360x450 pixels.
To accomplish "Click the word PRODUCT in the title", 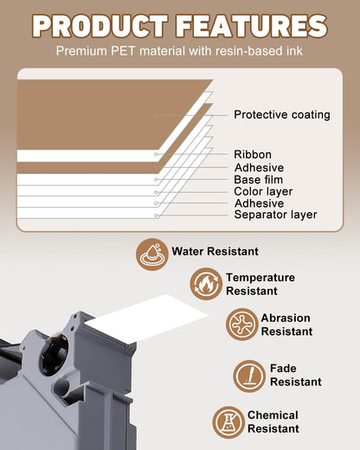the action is [x=100, y=26].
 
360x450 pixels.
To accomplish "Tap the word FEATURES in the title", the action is [x=252, y=26].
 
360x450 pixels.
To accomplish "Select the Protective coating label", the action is [x=282, y=114].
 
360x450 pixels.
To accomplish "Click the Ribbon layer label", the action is [x=253, y=154].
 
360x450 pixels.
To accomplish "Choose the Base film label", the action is [x=258, y=179].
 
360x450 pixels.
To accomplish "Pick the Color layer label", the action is [x=263, y=191].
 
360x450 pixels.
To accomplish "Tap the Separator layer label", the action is [x=275, y=215].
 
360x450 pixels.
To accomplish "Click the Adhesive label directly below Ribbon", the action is [x=259, y=167].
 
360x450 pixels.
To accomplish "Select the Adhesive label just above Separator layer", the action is [x=259, y=203].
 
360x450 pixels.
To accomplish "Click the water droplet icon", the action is [x=152, y=254].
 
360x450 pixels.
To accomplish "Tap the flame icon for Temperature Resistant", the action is [x=206, y=284].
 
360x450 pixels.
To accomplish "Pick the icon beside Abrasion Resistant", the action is [x=241, y=324].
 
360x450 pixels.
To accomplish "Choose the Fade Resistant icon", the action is [x=249, y=376].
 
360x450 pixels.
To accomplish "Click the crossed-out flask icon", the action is [x=228, y=422].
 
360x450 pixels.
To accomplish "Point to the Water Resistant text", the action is [x=215, y=251].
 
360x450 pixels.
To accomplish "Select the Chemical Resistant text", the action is [x=273, y=421].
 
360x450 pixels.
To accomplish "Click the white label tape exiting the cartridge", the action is [x=147, y=318].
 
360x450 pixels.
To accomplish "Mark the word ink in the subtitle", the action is [x=294, y=51].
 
